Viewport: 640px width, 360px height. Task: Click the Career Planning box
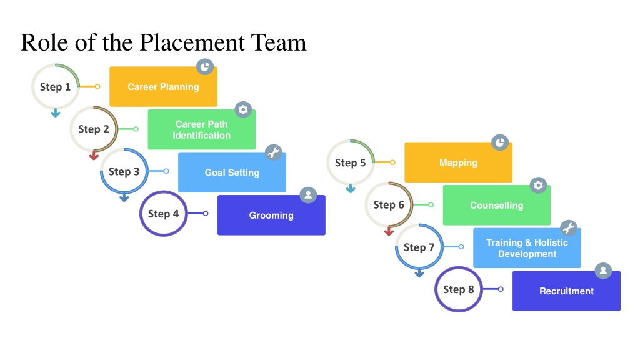point(163,86)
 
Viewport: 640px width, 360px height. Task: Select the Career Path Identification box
point(202,129)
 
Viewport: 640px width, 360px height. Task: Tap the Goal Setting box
point(232,172)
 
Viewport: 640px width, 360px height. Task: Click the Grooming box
point(271,215)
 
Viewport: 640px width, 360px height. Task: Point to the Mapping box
point(458,162)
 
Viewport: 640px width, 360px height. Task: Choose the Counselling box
point(497,205)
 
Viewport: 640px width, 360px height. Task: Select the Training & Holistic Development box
point(527,248)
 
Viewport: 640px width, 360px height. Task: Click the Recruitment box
point(566,291)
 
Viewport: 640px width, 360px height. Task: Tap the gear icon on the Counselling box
point(538,185)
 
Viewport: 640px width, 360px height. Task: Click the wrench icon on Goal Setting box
point(274,152)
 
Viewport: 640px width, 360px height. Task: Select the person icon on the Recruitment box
point(603,271)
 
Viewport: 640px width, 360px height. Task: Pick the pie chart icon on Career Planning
point(205,66)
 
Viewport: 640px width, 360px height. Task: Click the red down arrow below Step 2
point(94,156)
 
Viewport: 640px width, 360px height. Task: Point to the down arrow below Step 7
point(419,274)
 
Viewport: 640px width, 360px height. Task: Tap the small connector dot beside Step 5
point(392,162)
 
